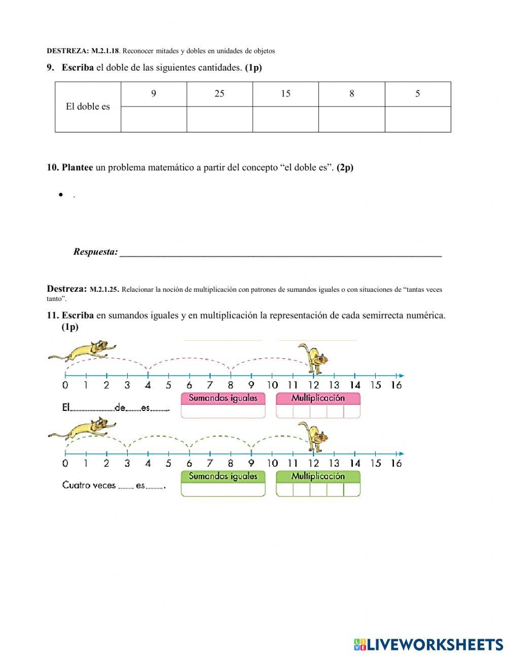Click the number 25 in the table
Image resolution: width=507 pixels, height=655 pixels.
coord(219,94)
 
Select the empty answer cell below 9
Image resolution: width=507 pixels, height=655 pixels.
coord(154,119)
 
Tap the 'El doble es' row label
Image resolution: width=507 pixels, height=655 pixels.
coord(88,107)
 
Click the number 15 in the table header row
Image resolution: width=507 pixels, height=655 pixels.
coord(285,94)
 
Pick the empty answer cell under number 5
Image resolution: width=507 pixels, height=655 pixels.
coord(418,119)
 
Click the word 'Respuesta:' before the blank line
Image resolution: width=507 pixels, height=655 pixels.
coord(95,252)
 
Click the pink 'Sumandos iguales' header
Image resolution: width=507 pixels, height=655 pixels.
coord(223,398)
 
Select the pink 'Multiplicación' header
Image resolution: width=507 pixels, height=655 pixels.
coord(318,398)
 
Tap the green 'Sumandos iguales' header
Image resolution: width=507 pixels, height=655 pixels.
coord(223,476)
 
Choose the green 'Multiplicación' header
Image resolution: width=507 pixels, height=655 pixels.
coord(318,476)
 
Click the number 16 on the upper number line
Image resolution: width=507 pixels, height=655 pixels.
coord(396,385)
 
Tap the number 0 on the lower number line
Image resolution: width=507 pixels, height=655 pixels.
coord(65,463)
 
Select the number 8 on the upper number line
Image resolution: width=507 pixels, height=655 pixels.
coord(230,385)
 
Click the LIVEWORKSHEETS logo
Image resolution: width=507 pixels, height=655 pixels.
coord(428,644)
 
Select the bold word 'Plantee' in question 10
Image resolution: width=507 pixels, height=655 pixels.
coord(77,167)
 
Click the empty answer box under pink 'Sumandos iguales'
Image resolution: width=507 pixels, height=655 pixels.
coord(223,411)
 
